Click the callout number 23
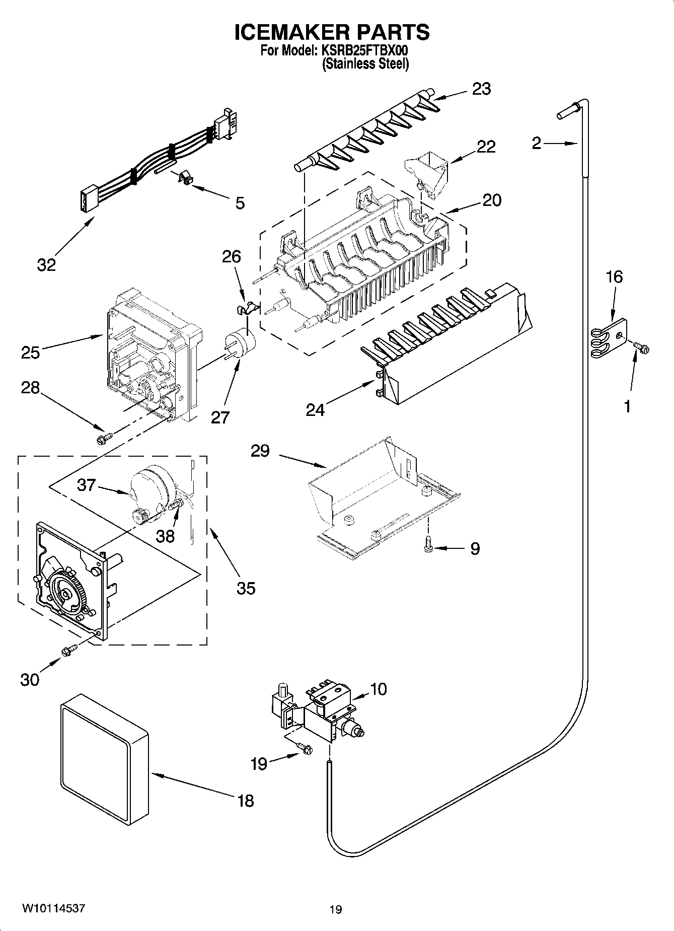481,89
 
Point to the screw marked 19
304,750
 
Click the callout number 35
246,588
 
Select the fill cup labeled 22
426,174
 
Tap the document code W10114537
53,908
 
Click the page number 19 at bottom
336,909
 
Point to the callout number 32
46,264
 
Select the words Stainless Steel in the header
365,64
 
